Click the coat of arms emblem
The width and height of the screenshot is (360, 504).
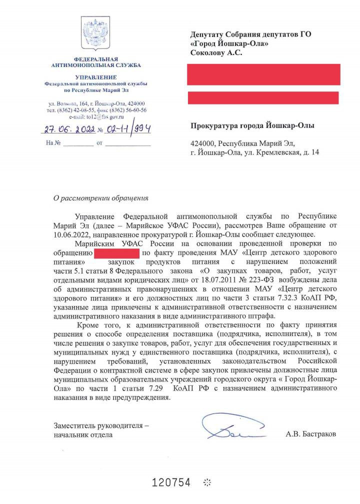click(96, 34)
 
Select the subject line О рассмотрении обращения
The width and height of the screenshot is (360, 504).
click(101, 197)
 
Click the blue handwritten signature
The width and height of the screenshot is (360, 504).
click(231, 429)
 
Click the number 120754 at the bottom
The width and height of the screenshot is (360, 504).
click(171, 482)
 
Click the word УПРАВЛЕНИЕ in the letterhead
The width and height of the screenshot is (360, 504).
click(95, 77)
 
